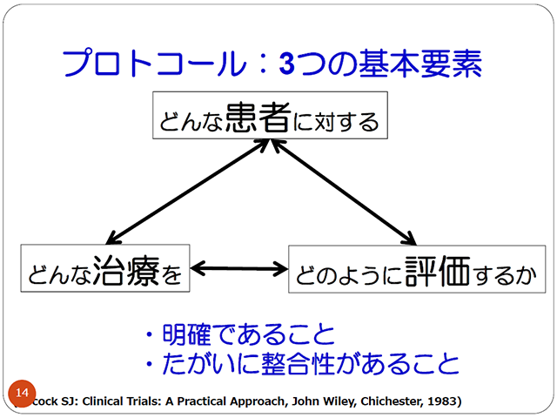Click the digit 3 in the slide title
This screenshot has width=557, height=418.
[287, 63]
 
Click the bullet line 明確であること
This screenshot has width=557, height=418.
[239, 334]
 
